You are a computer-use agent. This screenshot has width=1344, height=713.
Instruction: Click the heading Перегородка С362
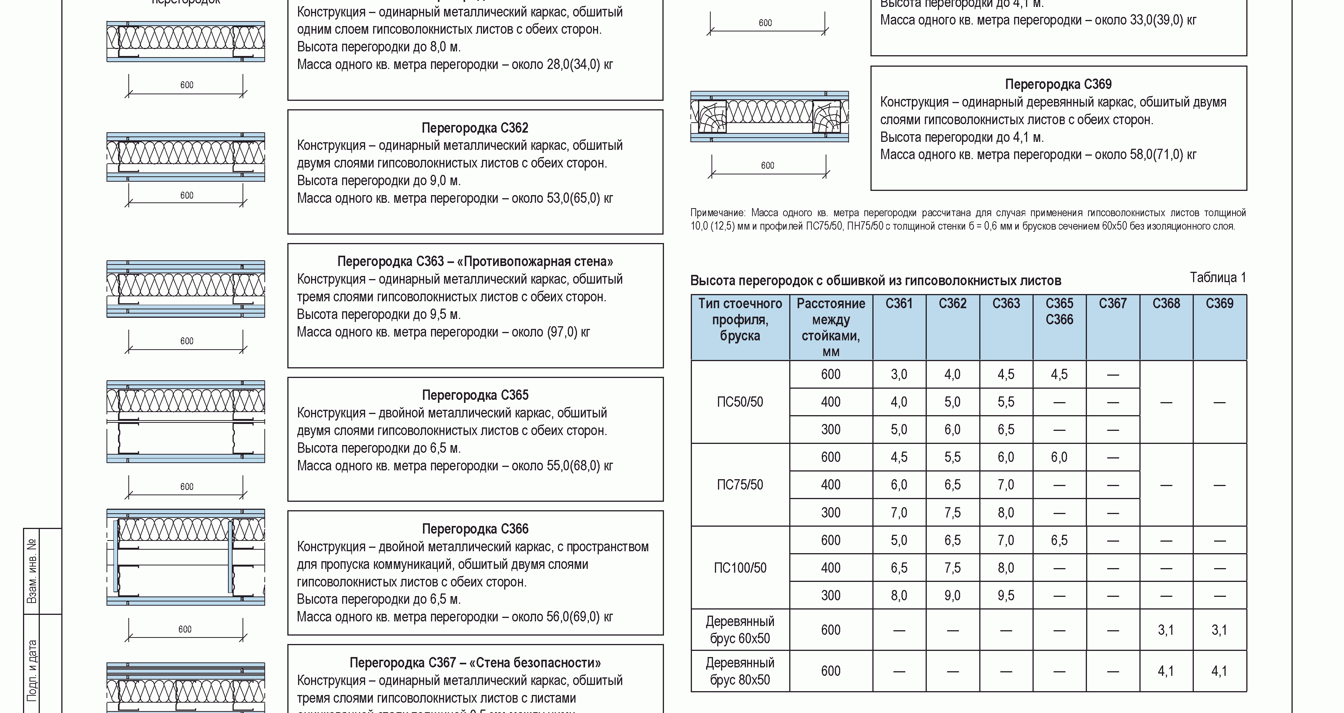475,128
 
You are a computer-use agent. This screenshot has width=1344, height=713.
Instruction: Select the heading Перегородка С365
475,395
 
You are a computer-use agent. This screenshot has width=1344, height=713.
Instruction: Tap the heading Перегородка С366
475,529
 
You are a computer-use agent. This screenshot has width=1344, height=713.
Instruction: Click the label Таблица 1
1218,278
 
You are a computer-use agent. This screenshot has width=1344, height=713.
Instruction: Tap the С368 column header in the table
1166,304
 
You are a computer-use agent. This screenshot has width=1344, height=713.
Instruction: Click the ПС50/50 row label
740,402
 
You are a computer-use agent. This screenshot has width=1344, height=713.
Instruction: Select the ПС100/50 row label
740,568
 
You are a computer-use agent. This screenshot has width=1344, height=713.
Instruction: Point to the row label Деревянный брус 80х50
740,671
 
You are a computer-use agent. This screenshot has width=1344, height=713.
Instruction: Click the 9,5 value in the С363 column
1006,596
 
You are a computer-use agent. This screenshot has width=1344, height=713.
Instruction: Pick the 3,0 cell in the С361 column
899,374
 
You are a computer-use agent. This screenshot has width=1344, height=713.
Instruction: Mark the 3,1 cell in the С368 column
1166,630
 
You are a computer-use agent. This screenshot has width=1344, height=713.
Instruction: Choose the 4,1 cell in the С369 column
1219,671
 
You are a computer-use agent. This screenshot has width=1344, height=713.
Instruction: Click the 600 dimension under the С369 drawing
767,166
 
